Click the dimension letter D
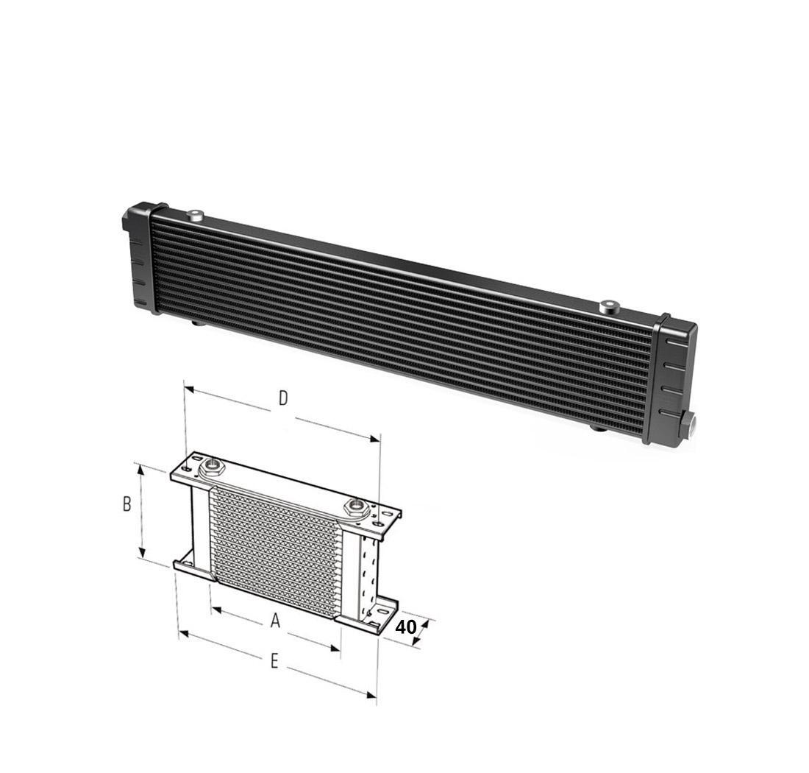pos(282,398)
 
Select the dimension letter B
pos(126,504)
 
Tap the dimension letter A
pos(275,621)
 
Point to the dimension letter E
pos(274,661)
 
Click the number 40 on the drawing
pos(405,627)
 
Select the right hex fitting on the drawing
pos(357,506)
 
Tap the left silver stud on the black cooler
pos(194,215)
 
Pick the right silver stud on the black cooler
pos(607,306)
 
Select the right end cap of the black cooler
pos(671,377)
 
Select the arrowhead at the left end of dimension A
pos(215,608)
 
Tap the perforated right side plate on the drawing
pos(368,571)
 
